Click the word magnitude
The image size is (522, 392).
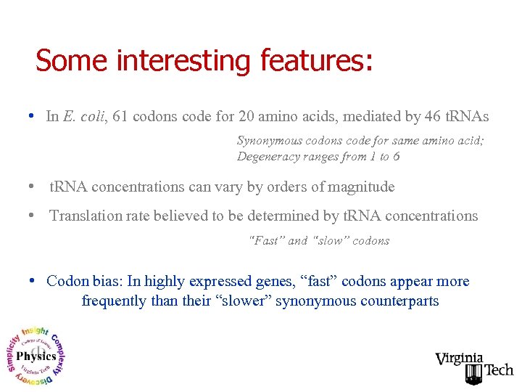point(362,187)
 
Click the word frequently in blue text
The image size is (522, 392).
point(114,301)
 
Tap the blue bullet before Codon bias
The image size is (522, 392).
point(33,281)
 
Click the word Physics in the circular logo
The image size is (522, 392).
point(36,356)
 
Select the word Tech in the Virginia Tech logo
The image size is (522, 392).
point(499,370)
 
